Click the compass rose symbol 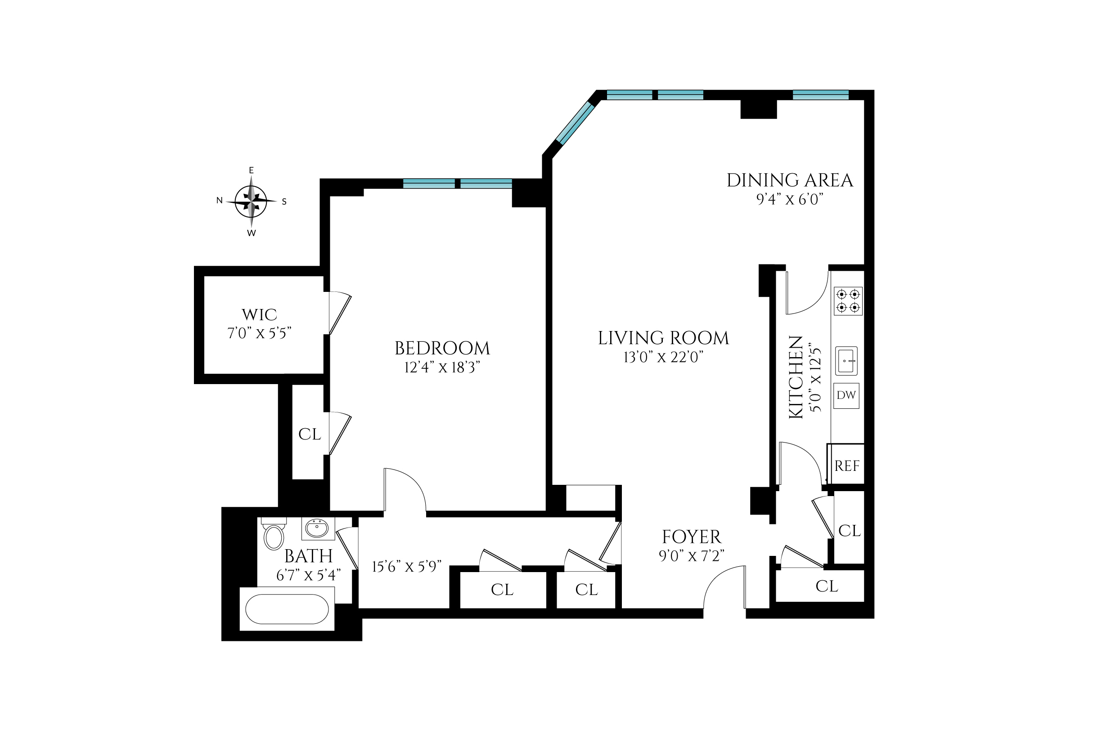pos(251,202)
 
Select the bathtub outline pos(287,609)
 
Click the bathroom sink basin pos(318,529)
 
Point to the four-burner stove pos(848,300)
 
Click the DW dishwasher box pos(846,395)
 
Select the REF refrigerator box pos(847,465)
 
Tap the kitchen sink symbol pos(846,360)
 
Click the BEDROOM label pos(442,348)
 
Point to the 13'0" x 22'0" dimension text pos(663,358)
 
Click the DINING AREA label pos(790,180)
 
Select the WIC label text pos(259,314)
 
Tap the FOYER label pos(691,537)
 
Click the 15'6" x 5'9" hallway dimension pos(406,567)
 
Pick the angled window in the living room pos(575,122)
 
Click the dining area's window pos(820,95)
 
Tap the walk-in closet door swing pos(340,313)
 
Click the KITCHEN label pos(796,377)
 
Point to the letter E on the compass pos(251,170)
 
